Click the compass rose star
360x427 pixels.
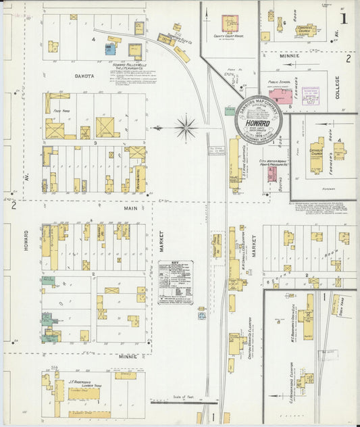point(186,126)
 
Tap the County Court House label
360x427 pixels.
point(228,36)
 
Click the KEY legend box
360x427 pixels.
point(175,281)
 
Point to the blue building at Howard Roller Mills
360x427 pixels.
point(109,49)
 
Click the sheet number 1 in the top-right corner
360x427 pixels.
point(344,19)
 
